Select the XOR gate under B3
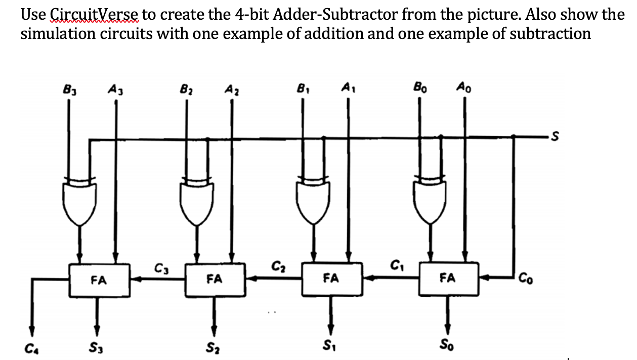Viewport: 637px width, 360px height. tap(78, 201)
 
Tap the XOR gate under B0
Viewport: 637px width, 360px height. tap(431, 201)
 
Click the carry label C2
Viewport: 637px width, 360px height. tap(278, 265)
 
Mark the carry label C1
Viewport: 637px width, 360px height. tap(396, 265)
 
